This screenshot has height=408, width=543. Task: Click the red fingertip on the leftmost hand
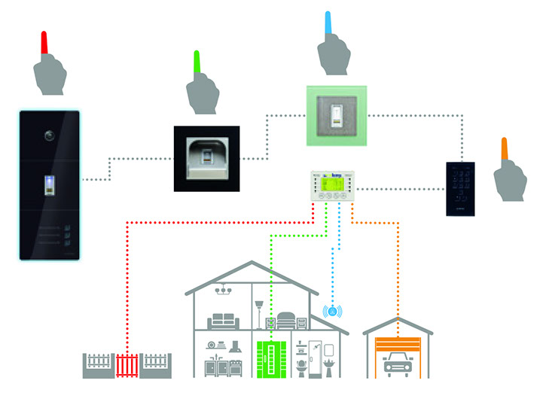click(x=44, y=42)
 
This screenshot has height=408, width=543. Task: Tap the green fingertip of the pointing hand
click(x=197, y=62)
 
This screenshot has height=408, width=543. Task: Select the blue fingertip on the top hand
click(x=328, y=23)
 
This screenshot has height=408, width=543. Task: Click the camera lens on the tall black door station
click(x=50, y=136)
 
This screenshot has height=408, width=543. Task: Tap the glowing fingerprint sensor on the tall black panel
click(x=50, y=185)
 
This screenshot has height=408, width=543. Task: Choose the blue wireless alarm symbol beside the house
click(x=332, y=310)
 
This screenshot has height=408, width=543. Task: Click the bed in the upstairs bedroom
click(x=289, y=321)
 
